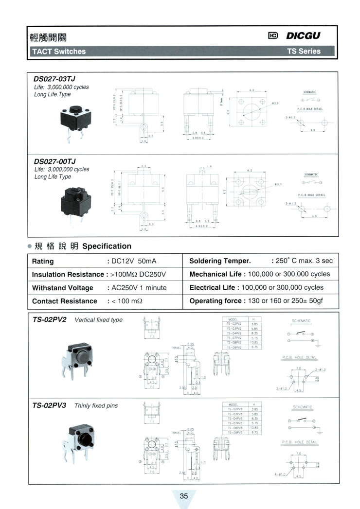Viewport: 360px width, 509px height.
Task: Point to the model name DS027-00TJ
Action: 54,161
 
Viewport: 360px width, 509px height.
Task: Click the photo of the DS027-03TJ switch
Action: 74,121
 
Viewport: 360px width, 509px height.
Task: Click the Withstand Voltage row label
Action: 62,288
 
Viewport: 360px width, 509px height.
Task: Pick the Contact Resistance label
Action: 65,301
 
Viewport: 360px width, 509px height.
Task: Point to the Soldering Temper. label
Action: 220,261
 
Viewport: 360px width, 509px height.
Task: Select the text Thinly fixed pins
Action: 96,405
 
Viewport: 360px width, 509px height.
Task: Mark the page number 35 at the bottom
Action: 183,496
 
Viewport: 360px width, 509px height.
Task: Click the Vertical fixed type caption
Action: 99,320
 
